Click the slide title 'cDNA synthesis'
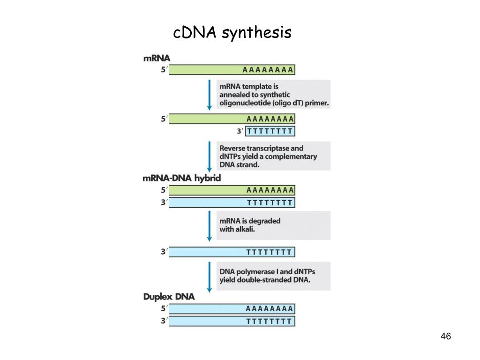(232, 33)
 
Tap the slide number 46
(445, 337)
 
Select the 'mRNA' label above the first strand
(156, 59)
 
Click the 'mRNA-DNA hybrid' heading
(181, 178)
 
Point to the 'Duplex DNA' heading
(168, 297)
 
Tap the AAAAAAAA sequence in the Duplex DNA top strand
(270, 309)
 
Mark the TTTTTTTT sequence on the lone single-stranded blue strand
(270, 252)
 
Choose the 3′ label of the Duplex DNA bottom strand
(164, 321)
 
